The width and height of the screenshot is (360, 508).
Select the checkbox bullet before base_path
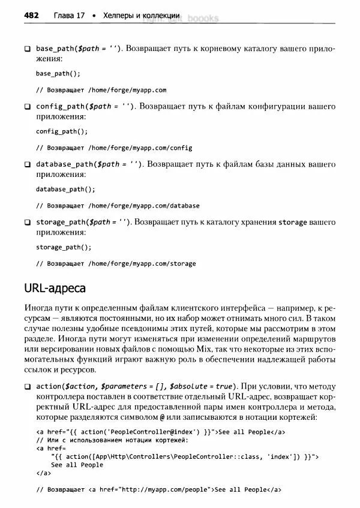pyautogui.click(x=27, y=49)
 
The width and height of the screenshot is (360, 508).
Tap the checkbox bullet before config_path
pyautogui.click(x=27, y=107)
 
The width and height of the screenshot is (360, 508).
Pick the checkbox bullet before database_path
pyautogui.click(x=27, y=164)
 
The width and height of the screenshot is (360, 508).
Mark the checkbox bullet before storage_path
pyautogui.click(x=27, y=223)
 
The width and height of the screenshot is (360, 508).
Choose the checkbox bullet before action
pyautogui.click(x=27, y=387)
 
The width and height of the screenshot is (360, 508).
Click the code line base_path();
pyautogui.click(x=58, y=74)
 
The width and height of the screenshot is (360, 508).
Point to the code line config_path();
pyautogui.click(x=62, y=131)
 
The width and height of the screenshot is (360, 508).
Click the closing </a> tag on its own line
pyautogui.click(x=43, y=473)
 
